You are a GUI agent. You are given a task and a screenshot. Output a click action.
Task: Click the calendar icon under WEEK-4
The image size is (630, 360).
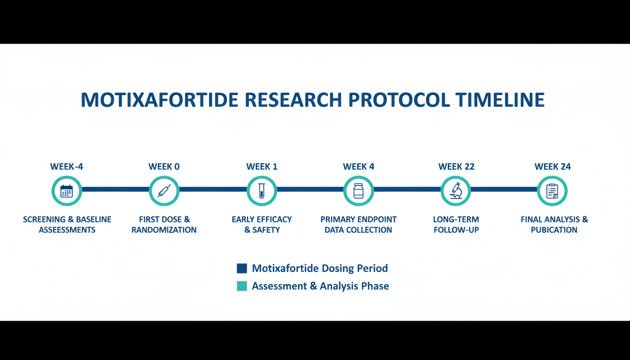pyautogui.click(x=67, y=191)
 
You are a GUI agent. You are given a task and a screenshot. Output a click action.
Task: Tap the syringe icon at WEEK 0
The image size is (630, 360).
pyautogui.click(x=164, y=191)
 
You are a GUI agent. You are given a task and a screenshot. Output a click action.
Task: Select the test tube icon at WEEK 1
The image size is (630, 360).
pyautogui.click(x=262, y=191)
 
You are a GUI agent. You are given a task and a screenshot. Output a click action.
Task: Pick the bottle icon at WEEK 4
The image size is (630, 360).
pyautogui.click(x=358, y=191)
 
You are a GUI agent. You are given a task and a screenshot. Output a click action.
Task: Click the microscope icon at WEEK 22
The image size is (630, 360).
pyautogui.click(x=456, y=191)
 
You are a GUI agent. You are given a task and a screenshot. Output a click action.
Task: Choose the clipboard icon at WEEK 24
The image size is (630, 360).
pyautogui.click(x=552, y=191)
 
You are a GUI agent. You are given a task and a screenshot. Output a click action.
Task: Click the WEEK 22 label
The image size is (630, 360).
pyautogui.click(x=456, y=166)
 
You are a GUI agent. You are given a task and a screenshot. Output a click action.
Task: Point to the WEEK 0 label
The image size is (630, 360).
pyautogui.click(x=164, y=166)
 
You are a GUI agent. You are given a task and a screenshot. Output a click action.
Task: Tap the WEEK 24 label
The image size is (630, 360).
pyautogui.click(x=553, y=166)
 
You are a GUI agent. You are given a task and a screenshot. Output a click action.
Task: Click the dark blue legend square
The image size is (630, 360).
pyautogui.click(x=242, y=268)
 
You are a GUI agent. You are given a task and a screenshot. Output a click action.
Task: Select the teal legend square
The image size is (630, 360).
pyautogui.click(x=242, y=286)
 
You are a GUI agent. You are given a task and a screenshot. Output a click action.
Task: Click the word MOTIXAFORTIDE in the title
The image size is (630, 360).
pyautogui.click(x=159, y=100)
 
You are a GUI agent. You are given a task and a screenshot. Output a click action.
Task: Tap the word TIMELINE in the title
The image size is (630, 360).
pyautogui.click(x=500, y=100)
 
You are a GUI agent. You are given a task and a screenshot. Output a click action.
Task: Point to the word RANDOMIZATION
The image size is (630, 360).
pyautogui.click(x=164, y=230)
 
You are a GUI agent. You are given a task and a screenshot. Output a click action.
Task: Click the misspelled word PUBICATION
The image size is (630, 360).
pyautogui.click(x=554, y=230)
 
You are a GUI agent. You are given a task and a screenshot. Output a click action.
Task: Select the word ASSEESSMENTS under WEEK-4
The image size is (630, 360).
pyautogui.click(x=67, y=230)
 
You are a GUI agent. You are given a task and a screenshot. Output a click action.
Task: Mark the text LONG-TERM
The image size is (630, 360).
pyautogui.click(x=456, y=219)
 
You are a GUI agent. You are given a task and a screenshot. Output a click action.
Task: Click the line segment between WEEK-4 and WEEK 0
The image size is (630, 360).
pyautogui.click(x=115, y=189)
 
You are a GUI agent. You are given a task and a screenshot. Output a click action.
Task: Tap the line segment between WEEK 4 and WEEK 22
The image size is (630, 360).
pyautogui.click(x=407, y=189)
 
